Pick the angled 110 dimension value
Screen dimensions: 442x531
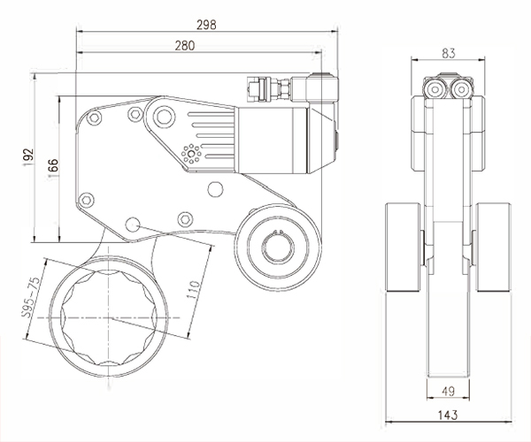(x=196, y=289)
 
